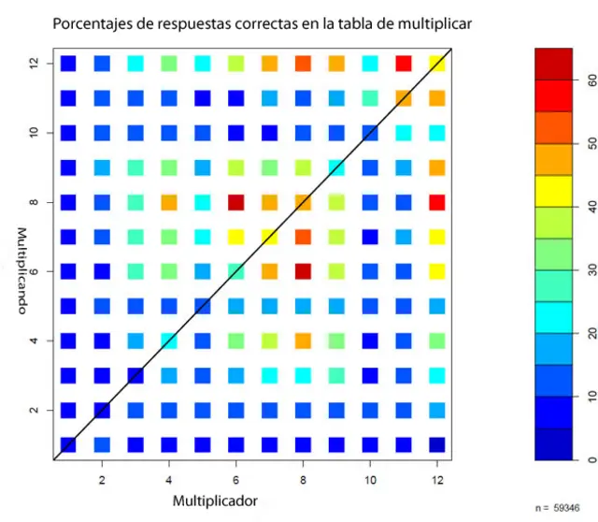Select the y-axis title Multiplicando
point(21,270)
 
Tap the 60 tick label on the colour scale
point(591,81)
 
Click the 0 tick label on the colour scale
point(591,459)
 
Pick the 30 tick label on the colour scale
point(591,270)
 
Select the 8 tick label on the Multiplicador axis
point(302,478)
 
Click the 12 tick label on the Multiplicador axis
point(437,478)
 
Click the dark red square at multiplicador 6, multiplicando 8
point(235,202)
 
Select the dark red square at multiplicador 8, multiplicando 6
point(302,271)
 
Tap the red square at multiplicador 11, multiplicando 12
point(404,64)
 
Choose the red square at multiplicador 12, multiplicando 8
point(437,202)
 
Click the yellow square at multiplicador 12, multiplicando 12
point(437,64)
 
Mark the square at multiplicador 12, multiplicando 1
point(437,444)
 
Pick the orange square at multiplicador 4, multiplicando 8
point(168,202)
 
